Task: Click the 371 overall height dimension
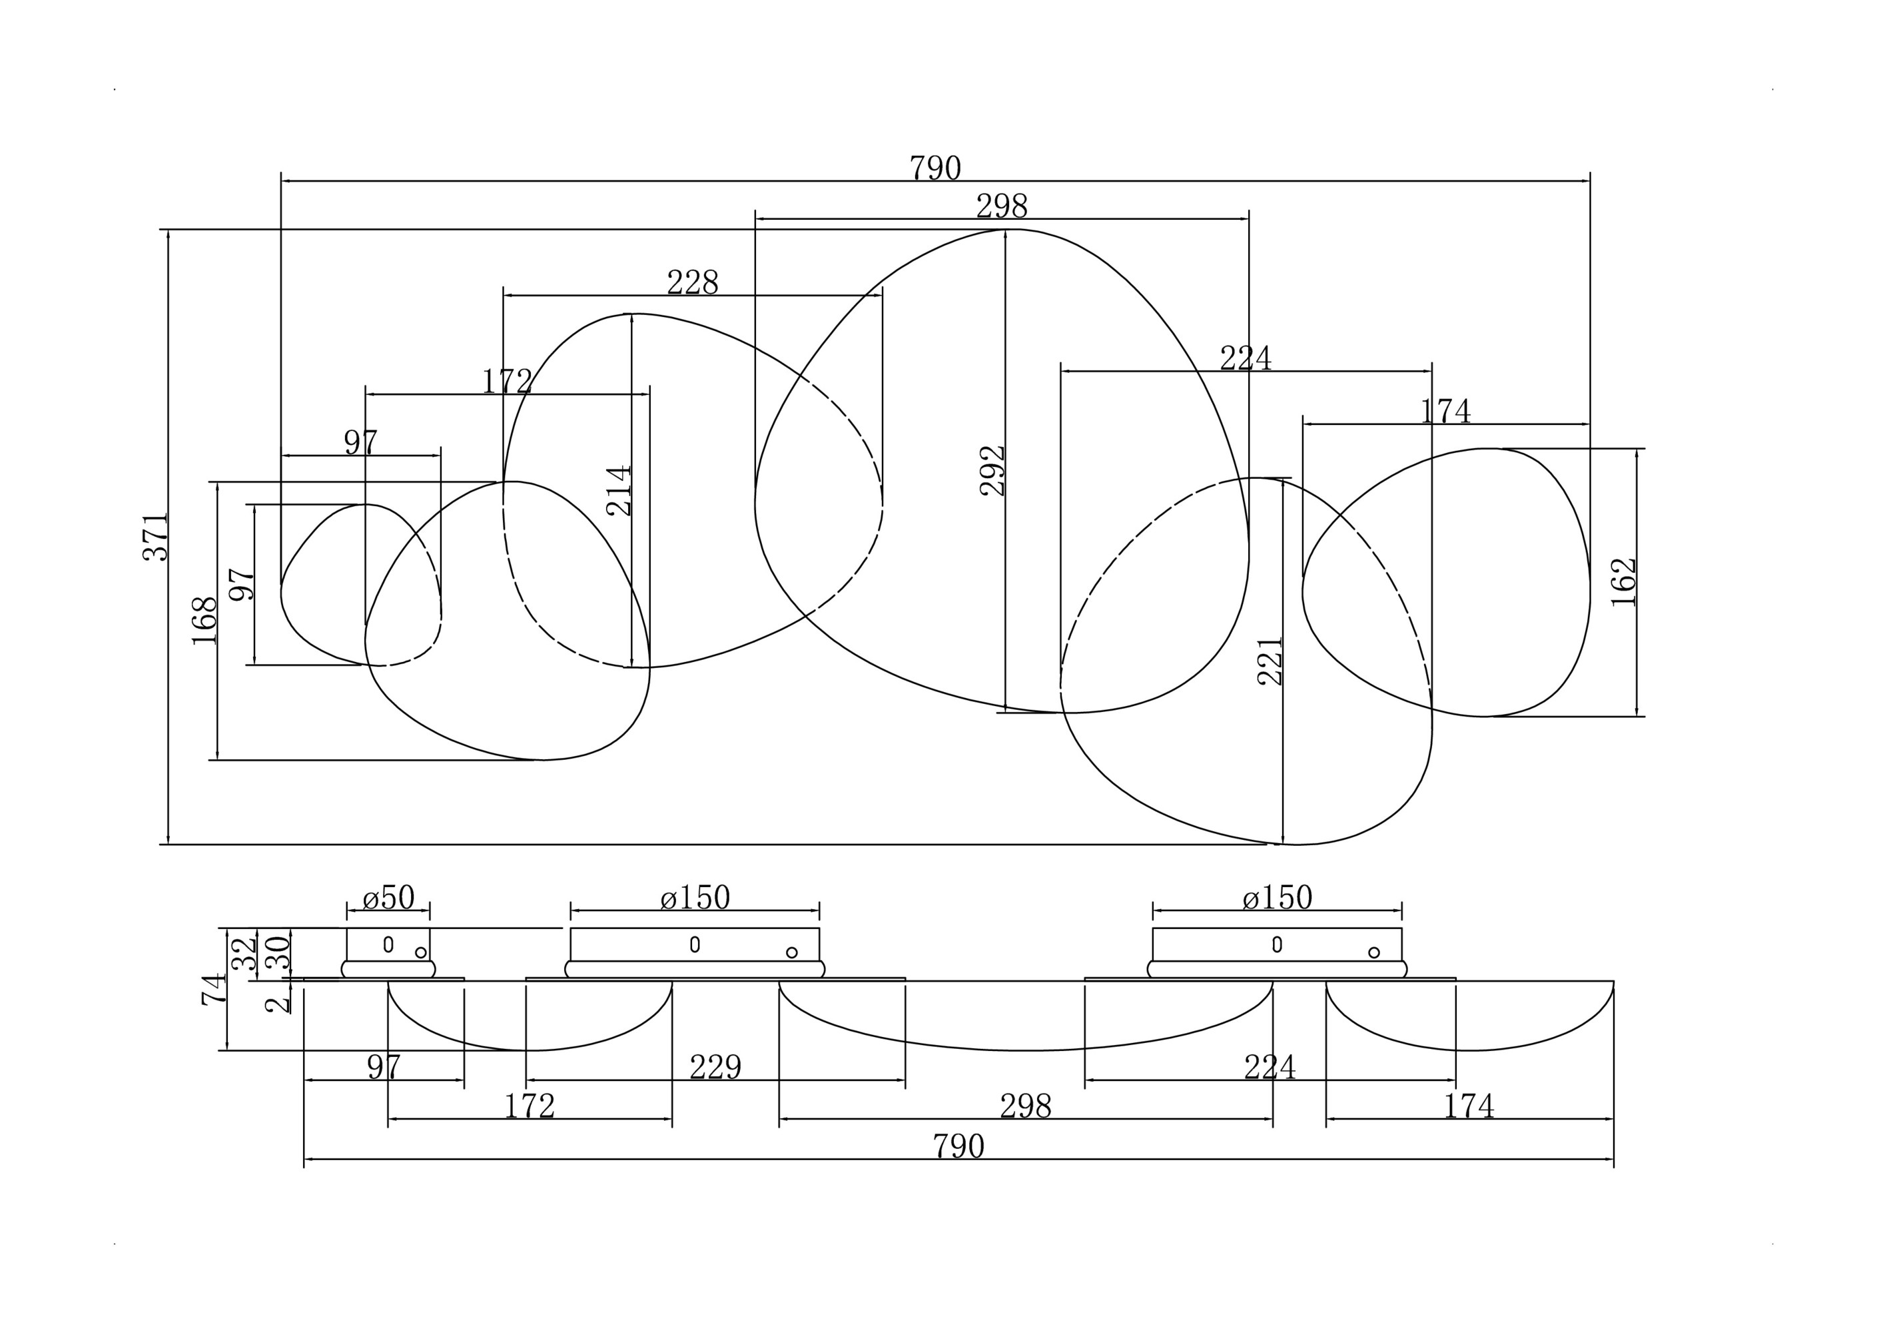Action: pyautogui.click(x=155, y=537)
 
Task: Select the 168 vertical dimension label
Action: pyautogui.click(x=204, y=621)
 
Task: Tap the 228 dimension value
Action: pyautogui.click(x=692, y=283)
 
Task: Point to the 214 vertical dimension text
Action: pyautogui.click(x=619, y=491)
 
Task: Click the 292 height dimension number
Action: pyautogui.click(x=992, y=470)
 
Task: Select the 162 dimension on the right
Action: pyautogui.click(x=1624, y=582)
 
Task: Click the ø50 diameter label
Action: pyautogui.click(x=388, y=898)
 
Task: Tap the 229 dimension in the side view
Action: pyautogui.click(x=715, y=1067)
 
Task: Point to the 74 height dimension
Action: pyautogui.click(x=213, y=990)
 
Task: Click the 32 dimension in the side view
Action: pyautogui.click(x=244, y=954)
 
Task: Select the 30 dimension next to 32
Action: pyautogui.click(x=278, y=954)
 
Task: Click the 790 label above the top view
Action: pyautogui.click(x=935, y=168)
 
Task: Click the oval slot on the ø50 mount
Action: pyautogui.click(x=388, y=944)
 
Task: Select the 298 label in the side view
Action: pyautogui.click(x=1025, y=1107)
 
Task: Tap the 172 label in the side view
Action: pyautogui.click(x=530, y=1106)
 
